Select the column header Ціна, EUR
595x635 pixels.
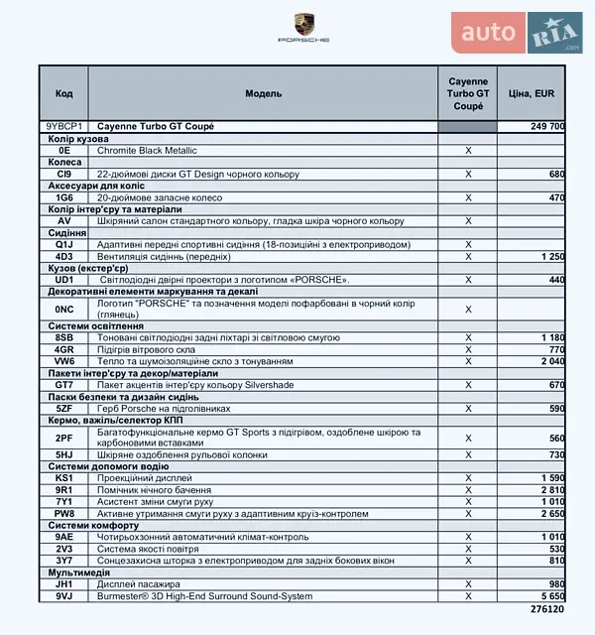click(x=531, y=93)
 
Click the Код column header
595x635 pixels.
click(x=64, y=93)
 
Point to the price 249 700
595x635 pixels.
click(x=546, y=127)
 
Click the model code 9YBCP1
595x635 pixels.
click(x=64, y=127)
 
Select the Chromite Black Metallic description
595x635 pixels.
click(x=147, y=151)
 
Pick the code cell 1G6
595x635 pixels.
click(x=64, y=197)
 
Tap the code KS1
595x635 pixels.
click(x=64, y=478)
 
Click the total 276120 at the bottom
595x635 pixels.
click(x=545, y=608)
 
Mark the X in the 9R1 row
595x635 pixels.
click(x=468, y=490)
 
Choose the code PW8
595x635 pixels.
click(x=64, y=514)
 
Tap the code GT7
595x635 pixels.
click(x=64, y=385)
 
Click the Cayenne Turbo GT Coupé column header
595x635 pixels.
click(x=468, y=93)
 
